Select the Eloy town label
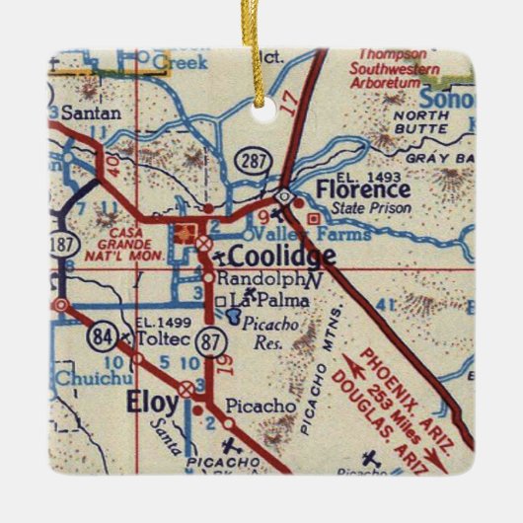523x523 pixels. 152,402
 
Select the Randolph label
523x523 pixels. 248,278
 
